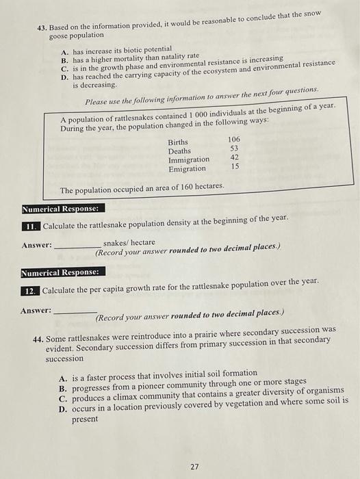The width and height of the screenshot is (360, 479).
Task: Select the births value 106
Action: (x=234, y=139)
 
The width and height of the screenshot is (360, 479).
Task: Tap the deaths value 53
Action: (x=234, y=148)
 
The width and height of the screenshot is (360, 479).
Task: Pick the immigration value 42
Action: (x=234, y=157)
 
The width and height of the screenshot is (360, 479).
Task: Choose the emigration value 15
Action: (x=234, y=166)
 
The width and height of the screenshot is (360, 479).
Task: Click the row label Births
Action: (x=178, y=142)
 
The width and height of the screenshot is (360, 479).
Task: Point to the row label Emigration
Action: (x=187, y=169)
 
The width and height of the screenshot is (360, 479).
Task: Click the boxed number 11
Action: (x=30, y=226)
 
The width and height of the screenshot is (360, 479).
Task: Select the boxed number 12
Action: (x=30, y=290)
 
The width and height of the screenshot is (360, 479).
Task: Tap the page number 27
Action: (x=194, y=467)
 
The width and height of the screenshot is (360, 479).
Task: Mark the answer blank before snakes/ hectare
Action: (x=77, y=245)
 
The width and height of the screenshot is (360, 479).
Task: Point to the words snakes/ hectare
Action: (x=129, y=242)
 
